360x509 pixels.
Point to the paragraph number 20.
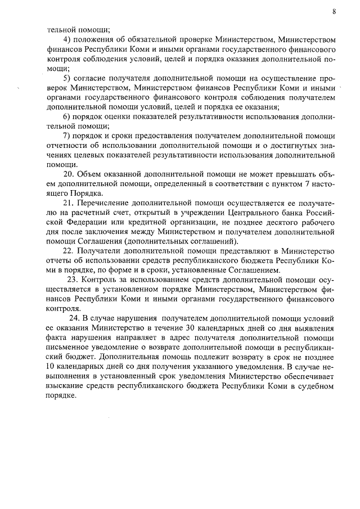click(x=69, y=174)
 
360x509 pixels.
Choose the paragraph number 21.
click(x=69, y=202)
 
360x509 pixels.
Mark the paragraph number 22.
click(x=69, y=250)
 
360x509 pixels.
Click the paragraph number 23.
click(x=73, y=280)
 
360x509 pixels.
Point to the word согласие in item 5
click(x=95, y=78)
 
